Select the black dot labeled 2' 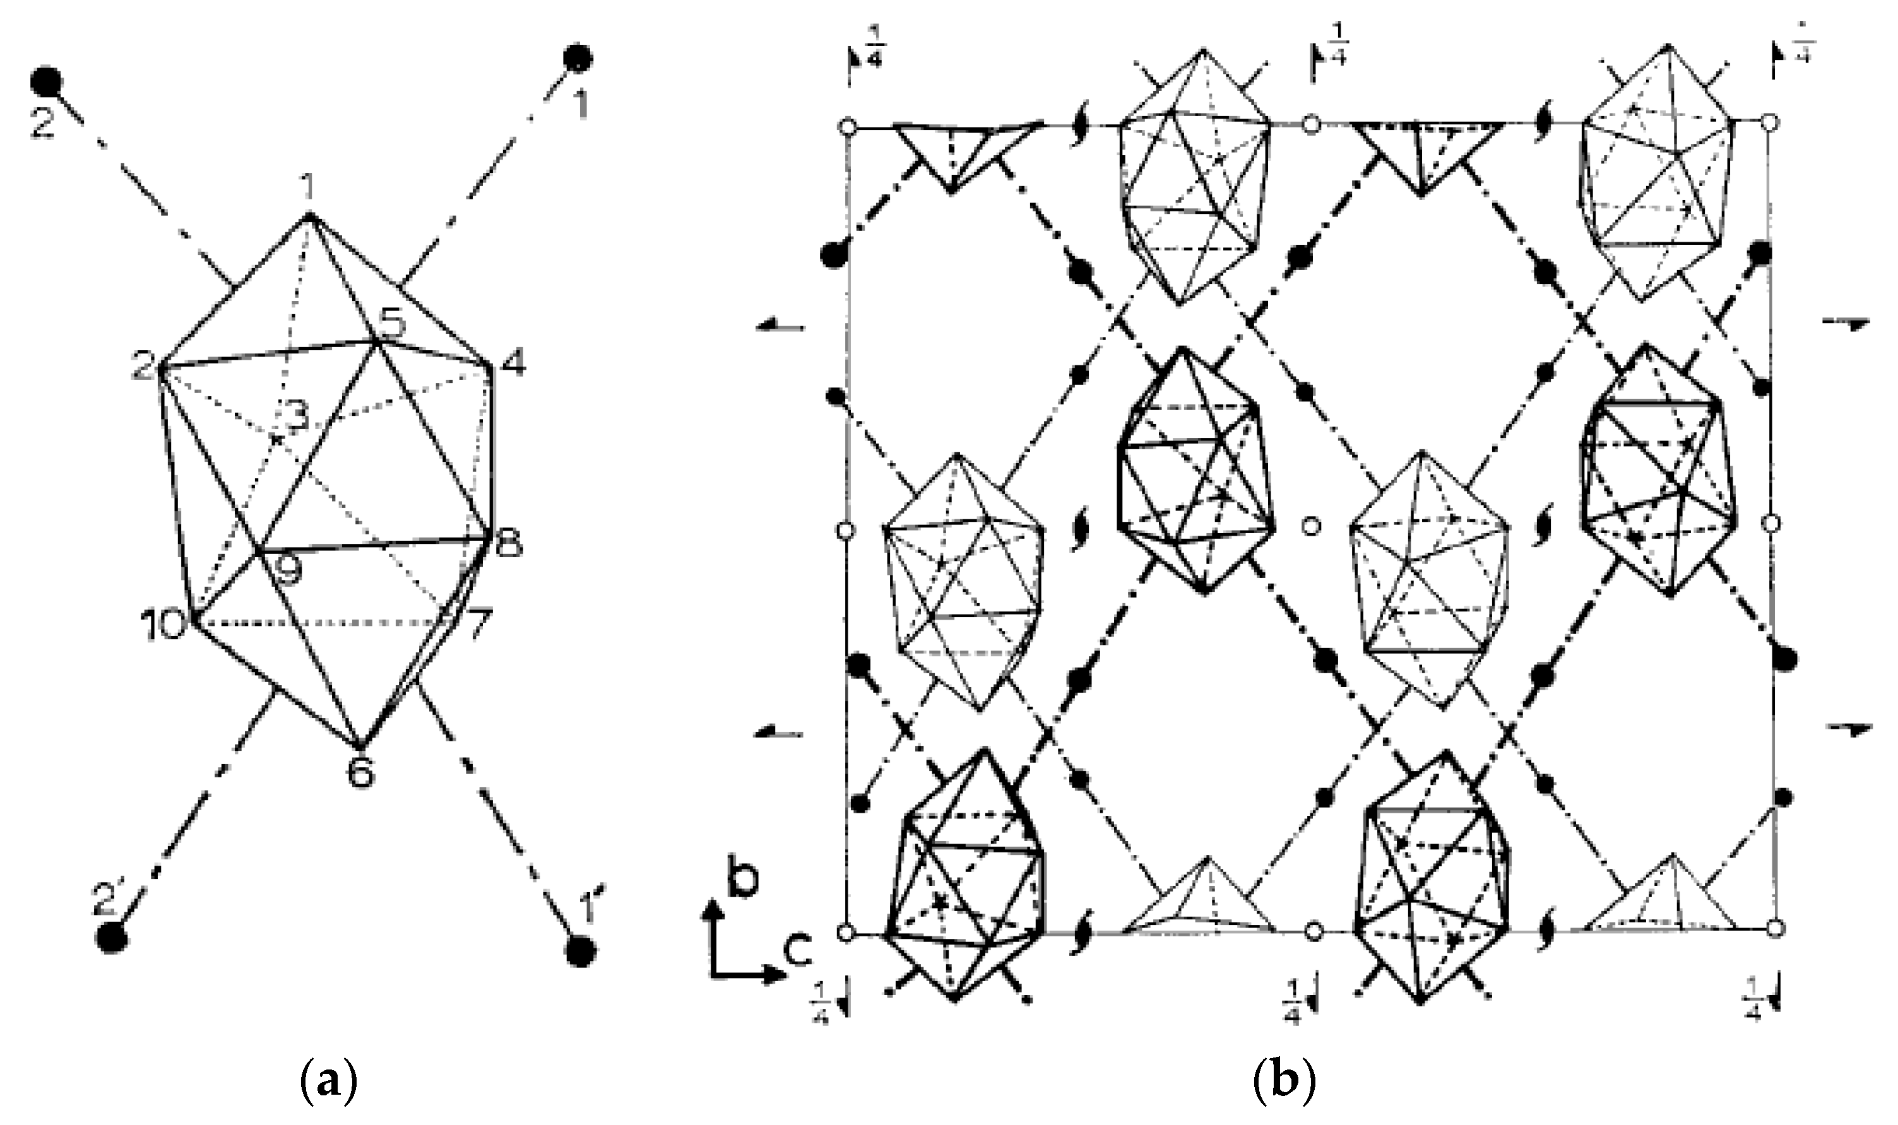click(112, 938)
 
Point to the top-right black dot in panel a click(578, 57)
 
